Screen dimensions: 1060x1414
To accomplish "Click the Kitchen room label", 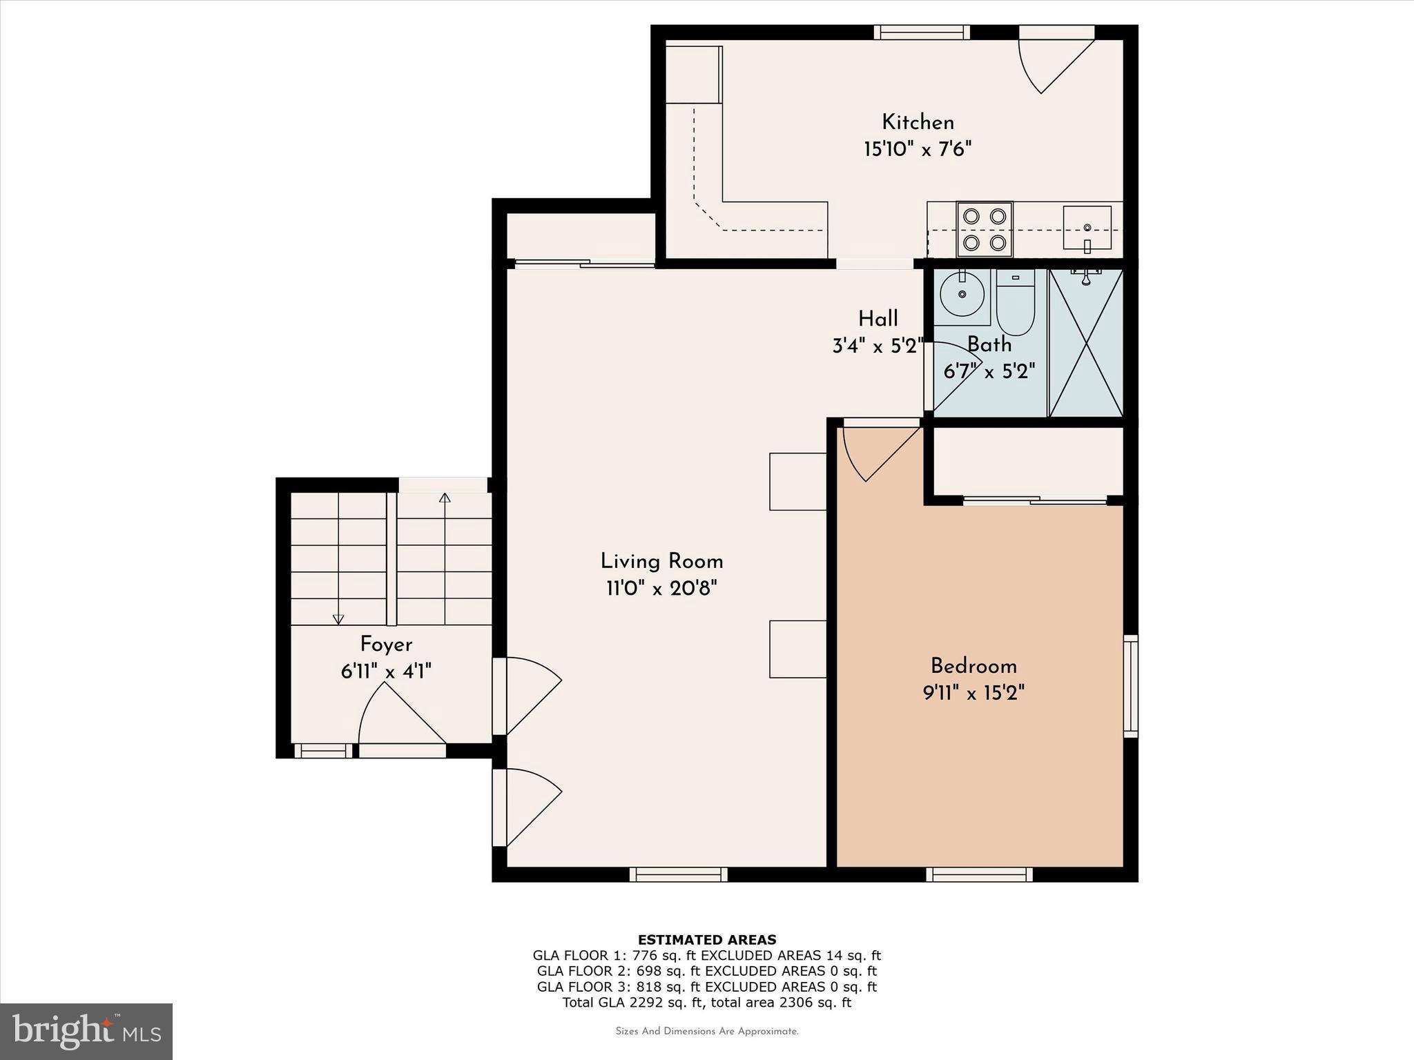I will tap(918, 123).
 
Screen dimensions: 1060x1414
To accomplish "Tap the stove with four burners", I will tap(984, 229).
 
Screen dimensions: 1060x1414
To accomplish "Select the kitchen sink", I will tap(1087, 228).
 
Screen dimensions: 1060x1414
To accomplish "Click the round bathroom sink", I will tap(962, 295).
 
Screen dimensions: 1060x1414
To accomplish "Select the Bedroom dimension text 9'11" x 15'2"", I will tap(974, 693).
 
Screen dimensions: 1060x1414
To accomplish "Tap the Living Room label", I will tap(661, 561).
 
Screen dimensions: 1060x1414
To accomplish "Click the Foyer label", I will tap(386, 645).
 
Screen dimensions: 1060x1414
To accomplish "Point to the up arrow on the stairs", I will tap(445, 498).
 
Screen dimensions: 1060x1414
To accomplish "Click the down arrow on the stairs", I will tap(338, 618).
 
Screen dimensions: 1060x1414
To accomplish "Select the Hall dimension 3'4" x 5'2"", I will tap(878, 346).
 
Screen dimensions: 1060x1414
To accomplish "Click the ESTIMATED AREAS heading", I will tap(706, 939).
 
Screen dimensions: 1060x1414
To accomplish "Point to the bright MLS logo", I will tap(86, 1032).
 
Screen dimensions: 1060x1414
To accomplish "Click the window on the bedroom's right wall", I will tap(1130, 686).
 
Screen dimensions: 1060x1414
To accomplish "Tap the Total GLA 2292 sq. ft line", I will tap(706, 1003).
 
